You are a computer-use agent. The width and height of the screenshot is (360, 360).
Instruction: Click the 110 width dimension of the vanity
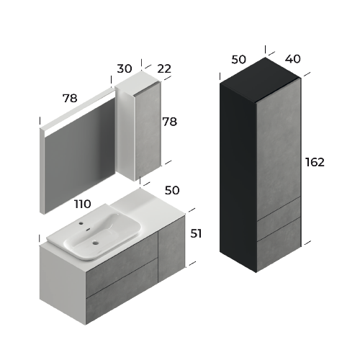[83, 204]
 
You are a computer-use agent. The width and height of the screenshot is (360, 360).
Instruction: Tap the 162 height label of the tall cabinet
[315, 162]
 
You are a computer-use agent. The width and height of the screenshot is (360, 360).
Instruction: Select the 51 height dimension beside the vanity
[196, 233]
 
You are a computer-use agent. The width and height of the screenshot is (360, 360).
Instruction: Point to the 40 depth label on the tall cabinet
[292, 59]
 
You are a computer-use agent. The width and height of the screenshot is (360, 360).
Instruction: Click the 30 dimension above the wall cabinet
[125, 68]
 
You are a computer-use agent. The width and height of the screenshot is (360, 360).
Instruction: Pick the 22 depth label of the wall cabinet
[164, 69]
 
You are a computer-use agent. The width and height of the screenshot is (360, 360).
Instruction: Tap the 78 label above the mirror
[70, 98]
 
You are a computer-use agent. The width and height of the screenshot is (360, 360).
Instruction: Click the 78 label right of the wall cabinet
[170, 122]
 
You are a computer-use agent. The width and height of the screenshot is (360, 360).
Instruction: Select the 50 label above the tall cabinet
[238, 60]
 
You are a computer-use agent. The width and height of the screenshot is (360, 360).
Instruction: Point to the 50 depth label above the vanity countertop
[172, 190]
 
